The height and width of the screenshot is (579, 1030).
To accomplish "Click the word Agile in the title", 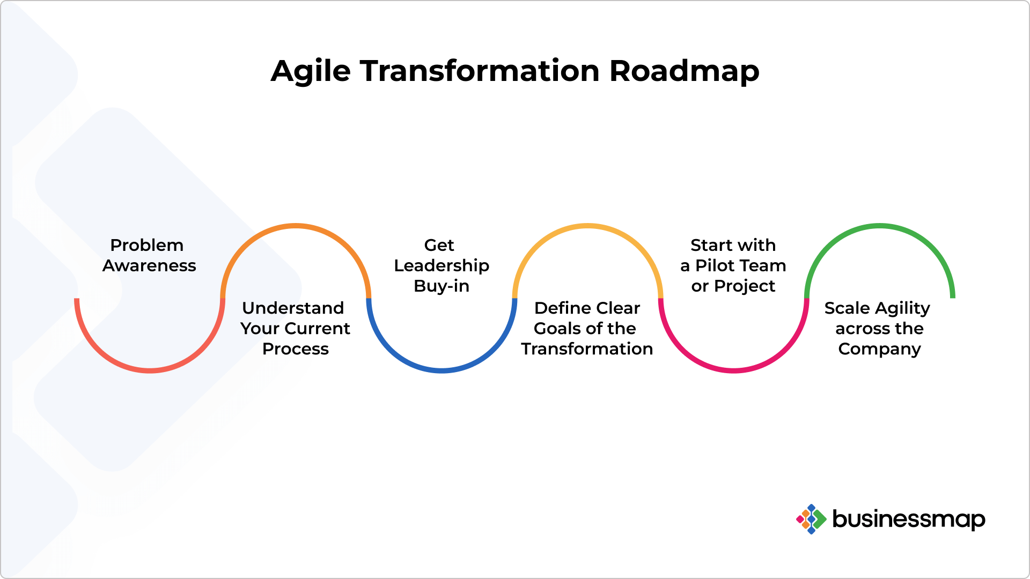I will tap(311, 71).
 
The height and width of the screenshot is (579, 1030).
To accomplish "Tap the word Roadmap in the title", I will tap(684, 71).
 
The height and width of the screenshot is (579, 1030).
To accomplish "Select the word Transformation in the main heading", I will tap(480, 71).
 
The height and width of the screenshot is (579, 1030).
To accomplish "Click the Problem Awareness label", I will tap(149, 255).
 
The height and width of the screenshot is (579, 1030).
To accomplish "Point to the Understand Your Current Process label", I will tap(295, 328).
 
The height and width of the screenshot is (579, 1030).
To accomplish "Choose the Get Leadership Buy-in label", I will tap(442, 265).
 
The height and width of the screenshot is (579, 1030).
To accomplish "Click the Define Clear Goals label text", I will tap(587, 328).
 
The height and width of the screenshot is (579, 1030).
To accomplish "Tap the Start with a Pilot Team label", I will tap(733, 265).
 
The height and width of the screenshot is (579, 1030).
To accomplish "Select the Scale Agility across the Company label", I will tap(879, 328).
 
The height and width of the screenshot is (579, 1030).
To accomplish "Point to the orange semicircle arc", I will tap(296, 226).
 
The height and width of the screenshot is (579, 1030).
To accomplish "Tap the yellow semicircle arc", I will tap(587, 226).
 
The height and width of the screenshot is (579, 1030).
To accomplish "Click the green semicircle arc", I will tap(879, 226).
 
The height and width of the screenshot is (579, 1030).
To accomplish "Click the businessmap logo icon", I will tap(811, 519).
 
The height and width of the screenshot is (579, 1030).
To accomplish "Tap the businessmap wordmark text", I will tap(908, 519).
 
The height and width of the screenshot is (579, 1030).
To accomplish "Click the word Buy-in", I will tap(442, 286).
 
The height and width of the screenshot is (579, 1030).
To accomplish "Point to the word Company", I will tap(879, 349).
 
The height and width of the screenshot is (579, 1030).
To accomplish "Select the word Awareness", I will tap(149, 266).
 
